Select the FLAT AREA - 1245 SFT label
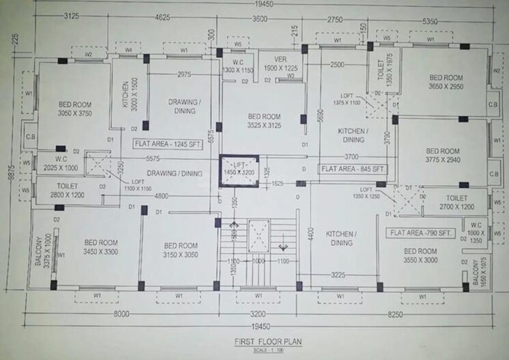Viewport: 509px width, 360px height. tap(165, 143)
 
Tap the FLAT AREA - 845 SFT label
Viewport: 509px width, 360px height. tap(353, 167)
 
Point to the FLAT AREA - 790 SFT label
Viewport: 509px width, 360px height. tap(422, 233)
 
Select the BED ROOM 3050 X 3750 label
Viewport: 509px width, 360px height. tap(75, 109)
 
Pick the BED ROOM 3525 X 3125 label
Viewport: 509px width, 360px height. tap(264, 122)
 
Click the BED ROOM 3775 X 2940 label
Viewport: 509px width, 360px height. tap(443, 156)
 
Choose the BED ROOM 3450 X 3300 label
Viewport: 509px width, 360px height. tap(100, 247)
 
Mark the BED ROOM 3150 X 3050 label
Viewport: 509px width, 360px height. tap(181, 250)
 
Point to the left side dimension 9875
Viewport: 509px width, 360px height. tap(8, 174)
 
